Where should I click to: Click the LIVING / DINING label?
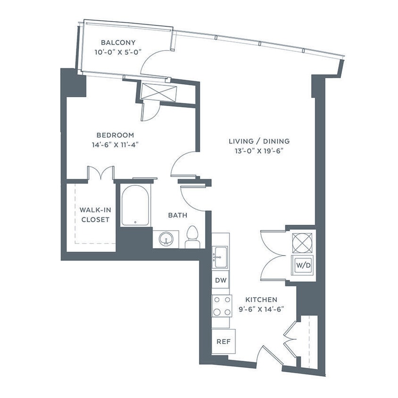click(259, 141)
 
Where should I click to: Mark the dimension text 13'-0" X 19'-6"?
click(259, 151)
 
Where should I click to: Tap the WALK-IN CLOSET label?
click(94, 215)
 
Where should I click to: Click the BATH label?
click(178, 215)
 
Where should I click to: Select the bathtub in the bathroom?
click(135, 206)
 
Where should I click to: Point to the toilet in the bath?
click(192, 237)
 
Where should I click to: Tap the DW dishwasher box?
click(220, 281)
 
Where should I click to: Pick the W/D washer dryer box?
click(303, 265)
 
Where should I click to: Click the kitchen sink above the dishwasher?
click(220, 257)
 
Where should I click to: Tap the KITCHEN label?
click(261, 299)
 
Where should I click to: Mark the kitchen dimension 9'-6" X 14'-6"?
click(261, 309)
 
